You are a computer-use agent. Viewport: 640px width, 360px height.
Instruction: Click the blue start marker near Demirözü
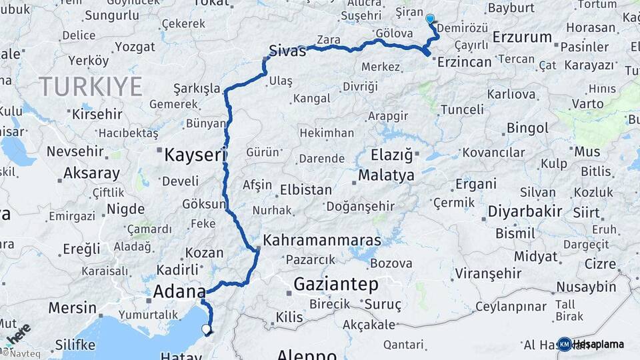[430, 19]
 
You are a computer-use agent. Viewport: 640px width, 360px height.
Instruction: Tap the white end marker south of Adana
[207, 328]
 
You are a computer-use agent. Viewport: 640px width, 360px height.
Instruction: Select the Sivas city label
[287, 50]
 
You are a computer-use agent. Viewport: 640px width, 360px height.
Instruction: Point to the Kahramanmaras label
[322, 240]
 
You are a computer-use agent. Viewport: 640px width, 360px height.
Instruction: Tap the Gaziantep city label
[336, 285]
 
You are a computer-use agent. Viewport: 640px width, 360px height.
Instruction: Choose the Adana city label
[179, 291]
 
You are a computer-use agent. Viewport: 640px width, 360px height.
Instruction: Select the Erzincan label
[464, 62]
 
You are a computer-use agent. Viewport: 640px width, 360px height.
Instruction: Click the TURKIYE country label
[90, 87]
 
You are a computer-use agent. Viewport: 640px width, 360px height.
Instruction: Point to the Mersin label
[72, 308]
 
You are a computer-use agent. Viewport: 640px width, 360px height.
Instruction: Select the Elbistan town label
[306, 189]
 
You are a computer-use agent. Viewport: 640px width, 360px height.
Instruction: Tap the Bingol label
[527, 127]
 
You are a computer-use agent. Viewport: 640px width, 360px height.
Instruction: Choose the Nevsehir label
[73, 151]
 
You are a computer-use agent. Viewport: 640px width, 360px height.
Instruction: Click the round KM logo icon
[564, 344]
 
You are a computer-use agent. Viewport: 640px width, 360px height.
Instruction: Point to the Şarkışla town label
[197, 89]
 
